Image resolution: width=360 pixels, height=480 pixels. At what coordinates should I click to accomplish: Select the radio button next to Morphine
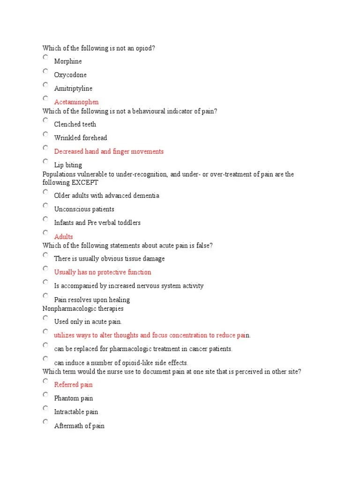pos(45,57)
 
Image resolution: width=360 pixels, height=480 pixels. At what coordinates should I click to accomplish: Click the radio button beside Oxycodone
pos(45,71)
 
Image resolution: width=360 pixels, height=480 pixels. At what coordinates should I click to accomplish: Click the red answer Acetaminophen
pos(76,102)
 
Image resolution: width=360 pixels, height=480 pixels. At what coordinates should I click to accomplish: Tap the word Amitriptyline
pos(73,89)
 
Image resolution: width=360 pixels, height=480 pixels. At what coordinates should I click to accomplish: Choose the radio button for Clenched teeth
pos(45,120)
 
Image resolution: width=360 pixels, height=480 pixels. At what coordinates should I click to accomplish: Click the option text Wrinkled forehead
pos(81,138)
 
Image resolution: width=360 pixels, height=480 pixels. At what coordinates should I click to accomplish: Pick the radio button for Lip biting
pos(45,161)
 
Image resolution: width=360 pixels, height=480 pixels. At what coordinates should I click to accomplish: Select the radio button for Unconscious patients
pos(45,205)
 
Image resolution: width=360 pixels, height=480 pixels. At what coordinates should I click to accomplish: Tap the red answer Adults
pos(64,237)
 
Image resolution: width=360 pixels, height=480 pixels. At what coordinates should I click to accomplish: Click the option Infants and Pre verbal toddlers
pos(97,223)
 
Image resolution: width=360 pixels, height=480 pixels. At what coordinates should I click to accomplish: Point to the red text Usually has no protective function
pos(103,272)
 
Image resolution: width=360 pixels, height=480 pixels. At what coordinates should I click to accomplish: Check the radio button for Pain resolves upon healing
pos(45,296)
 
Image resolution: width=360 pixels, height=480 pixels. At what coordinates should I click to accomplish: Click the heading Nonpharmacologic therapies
pos(83,309)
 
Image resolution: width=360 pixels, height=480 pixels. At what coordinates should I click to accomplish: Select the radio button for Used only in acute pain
pos(45,318)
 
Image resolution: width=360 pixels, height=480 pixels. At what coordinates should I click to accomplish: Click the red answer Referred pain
pos(74,385)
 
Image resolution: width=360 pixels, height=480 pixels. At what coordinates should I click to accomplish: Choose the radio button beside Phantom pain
pos(45,395)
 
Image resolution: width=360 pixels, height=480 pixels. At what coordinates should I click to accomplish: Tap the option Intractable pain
pos(76,412)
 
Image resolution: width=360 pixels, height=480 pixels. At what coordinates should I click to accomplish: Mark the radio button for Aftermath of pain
pos(45,422)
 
